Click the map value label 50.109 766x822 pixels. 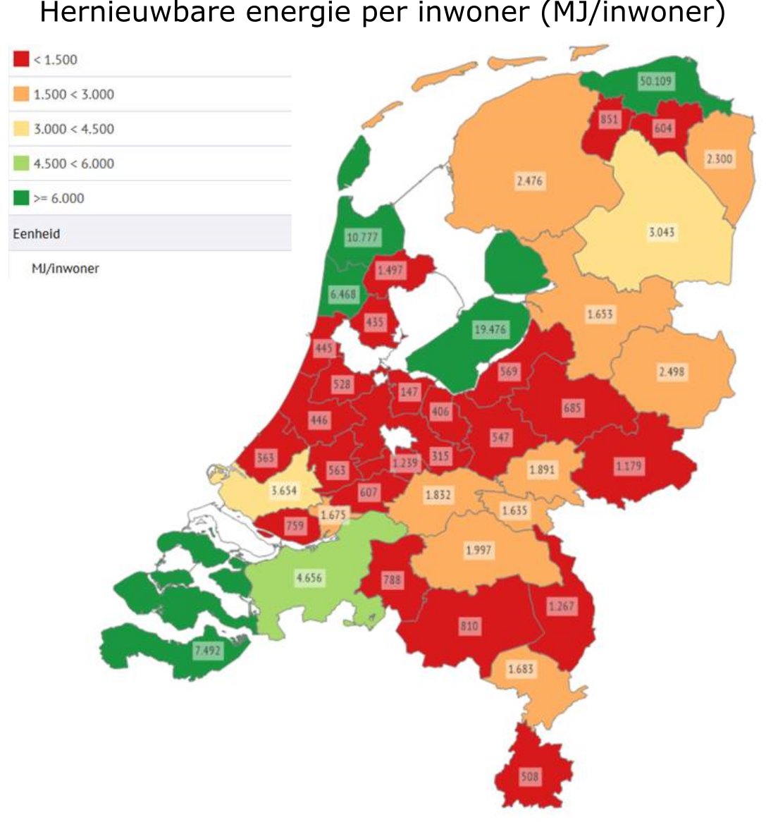[655, 81]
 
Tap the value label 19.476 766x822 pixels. [490, 329]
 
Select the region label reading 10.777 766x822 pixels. [362, 238]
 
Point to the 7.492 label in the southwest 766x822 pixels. [207, 651]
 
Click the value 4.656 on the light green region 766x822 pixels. [309, 578]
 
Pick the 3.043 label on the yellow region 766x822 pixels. [661, 232]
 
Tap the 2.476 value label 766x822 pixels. [529, 181]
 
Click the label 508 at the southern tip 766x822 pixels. [529, 777]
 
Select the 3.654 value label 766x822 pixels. [284, 490]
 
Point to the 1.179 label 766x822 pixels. [628, 466]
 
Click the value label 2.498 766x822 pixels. [671, 372]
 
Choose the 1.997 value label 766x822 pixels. [479, 550]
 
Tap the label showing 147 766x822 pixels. [409, 392]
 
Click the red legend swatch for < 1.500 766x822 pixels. [21, 60]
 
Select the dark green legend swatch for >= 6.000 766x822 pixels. [21, 198]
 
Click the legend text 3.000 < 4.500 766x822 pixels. [73, 129]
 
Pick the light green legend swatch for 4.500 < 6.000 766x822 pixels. [21, 164]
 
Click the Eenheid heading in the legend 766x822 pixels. [36, 233]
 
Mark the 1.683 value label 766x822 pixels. [520, 668]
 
